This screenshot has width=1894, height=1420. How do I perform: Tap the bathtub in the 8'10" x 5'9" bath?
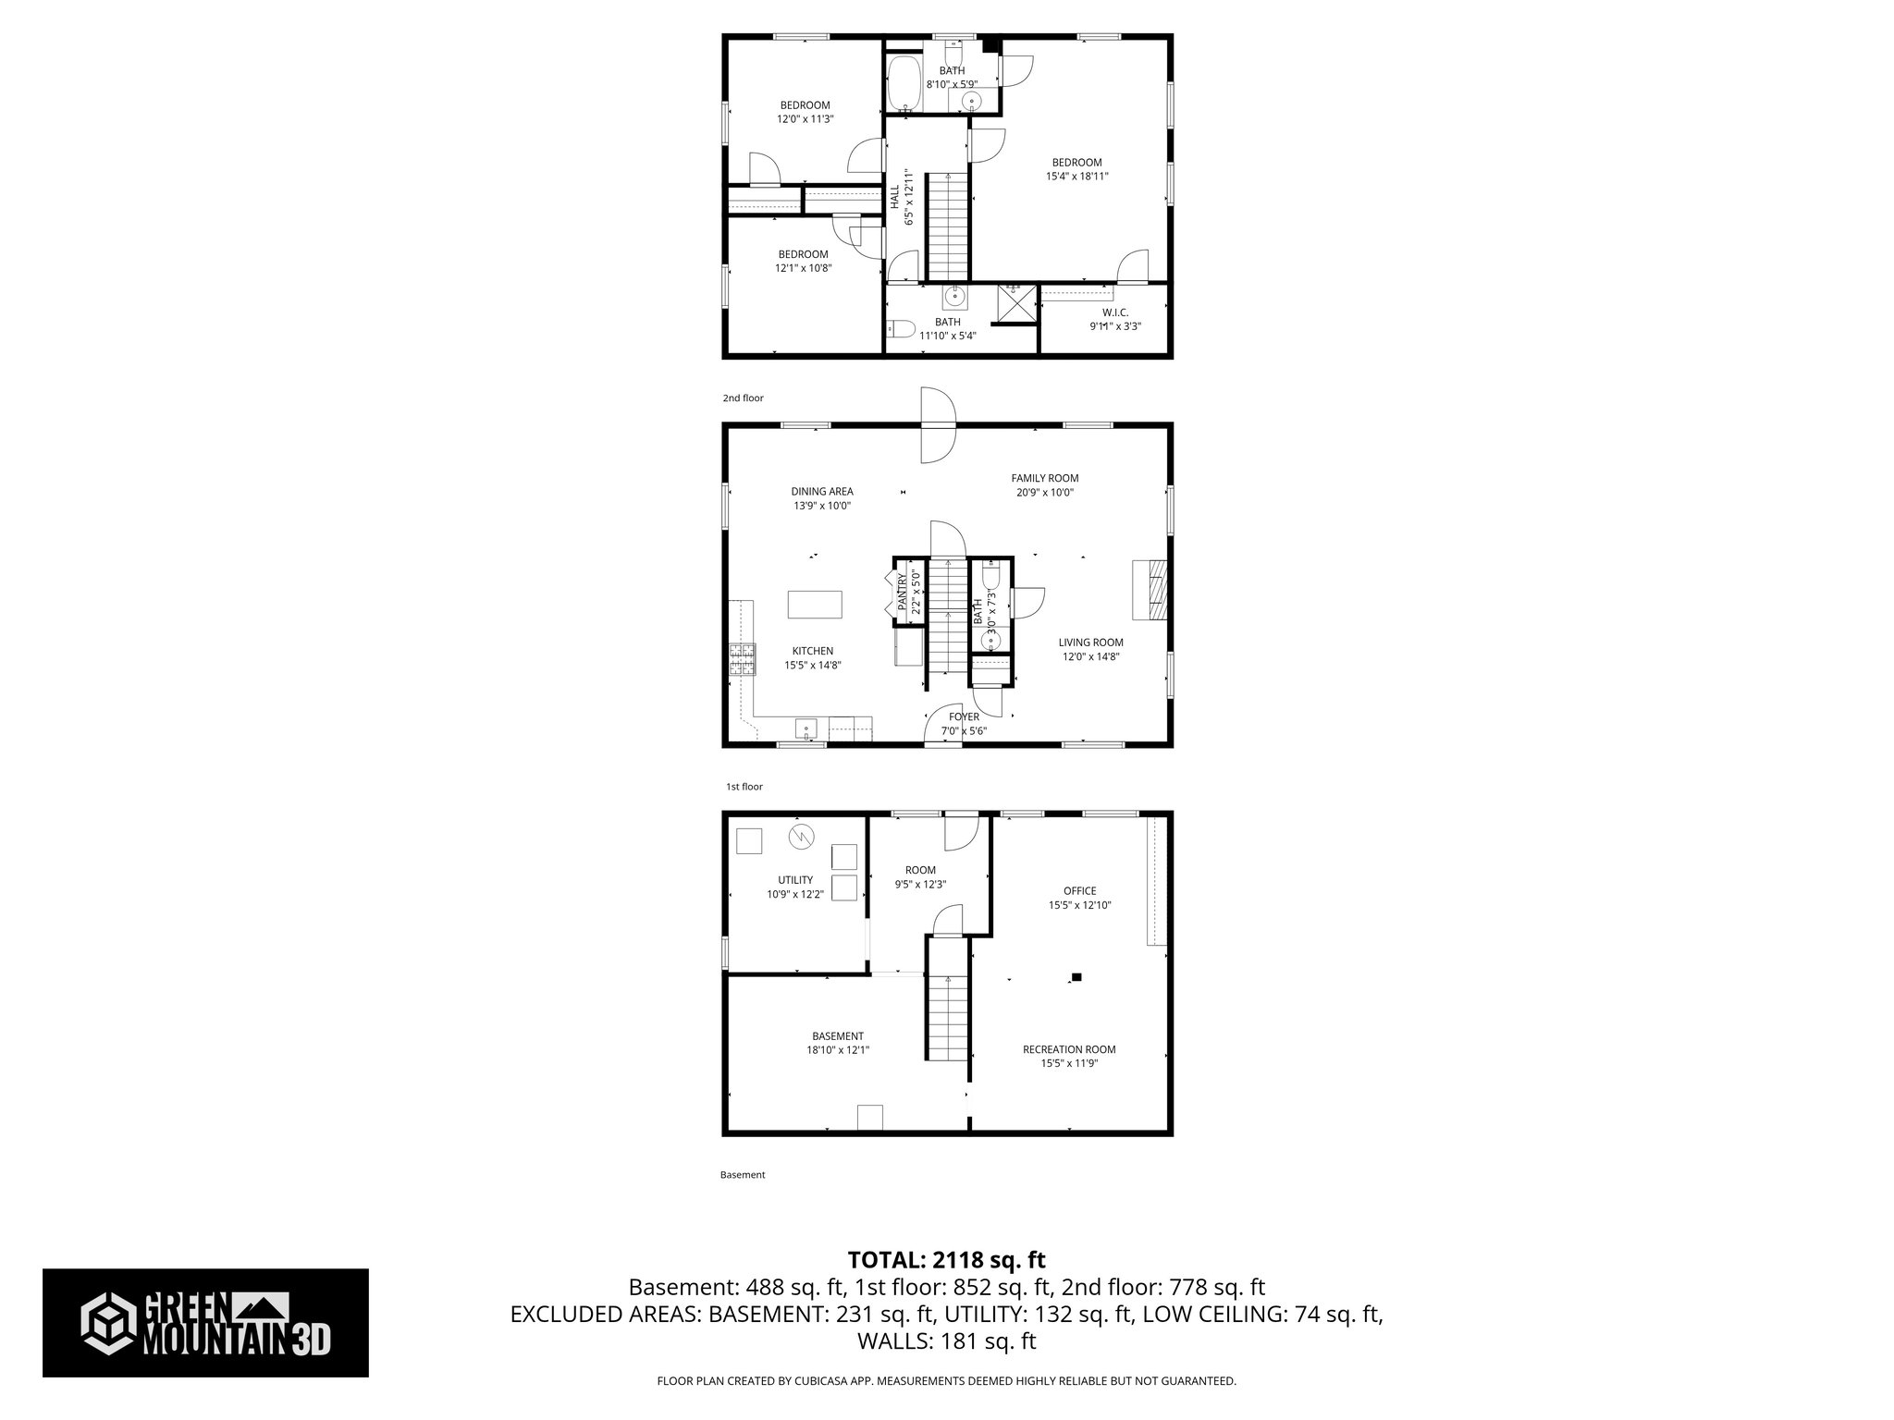point(903,84)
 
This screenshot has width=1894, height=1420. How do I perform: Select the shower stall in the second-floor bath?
point(1015,304)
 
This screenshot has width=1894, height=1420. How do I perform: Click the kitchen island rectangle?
point(815,605)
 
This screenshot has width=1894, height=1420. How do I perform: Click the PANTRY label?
point(903,593)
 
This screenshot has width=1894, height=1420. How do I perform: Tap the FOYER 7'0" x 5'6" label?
point(964,724)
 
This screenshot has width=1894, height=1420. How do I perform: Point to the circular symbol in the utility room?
point(801,838)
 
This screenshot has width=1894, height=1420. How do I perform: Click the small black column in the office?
point(1076,976)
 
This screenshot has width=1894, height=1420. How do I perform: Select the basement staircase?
point(947,1017)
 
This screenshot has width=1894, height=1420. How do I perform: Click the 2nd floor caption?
point(743,398)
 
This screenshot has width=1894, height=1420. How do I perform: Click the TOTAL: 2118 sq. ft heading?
point(946,1259)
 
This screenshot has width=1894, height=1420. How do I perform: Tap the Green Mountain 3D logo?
point(205,1323)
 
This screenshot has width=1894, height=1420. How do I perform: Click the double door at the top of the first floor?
point(936,425)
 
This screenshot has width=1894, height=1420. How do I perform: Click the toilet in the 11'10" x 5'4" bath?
point(900,328)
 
